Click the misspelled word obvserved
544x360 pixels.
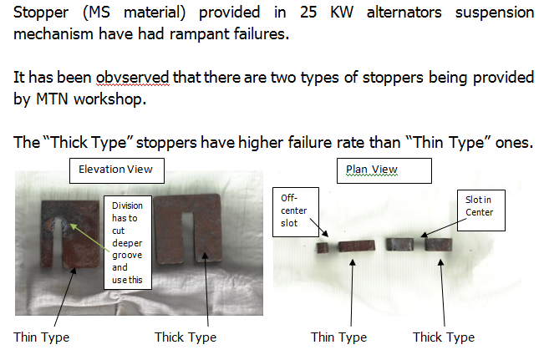[133, 78]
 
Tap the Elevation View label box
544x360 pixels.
[117, 170]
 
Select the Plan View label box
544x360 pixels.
[384, 170]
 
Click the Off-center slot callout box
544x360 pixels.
[296, 212]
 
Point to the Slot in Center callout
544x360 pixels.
[480, 210]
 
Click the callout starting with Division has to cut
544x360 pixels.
[128, 242]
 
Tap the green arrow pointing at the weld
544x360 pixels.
[90, 237]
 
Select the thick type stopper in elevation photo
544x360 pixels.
[188, 229]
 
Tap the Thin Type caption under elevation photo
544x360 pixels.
[41, 337]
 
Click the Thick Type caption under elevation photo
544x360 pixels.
[186, 337]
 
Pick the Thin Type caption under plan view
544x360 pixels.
[338, 337]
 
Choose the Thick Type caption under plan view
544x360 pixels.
[444, 337]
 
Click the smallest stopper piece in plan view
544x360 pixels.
[323, 247]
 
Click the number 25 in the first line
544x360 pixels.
[308, 13]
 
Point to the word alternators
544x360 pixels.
[404, 13]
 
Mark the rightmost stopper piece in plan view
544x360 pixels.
[439, 244]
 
